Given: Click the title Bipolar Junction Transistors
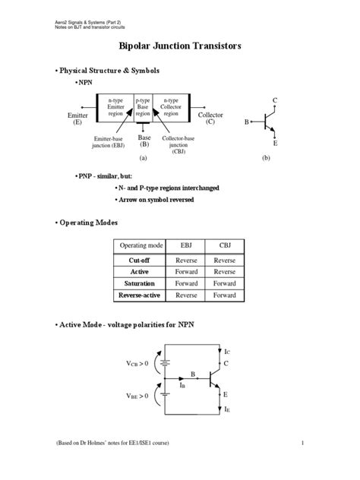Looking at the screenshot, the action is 180,46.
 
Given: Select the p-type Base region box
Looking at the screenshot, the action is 143,107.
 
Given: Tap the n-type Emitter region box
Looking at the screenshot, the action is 115,107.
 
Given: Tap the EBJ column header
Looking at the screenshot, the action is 186,246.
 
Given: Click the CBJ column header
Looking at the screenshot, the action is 224,246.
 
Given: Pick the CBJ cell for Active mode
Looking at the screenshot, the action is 224,271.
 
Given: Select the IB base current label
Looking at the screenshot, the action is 183,385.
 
